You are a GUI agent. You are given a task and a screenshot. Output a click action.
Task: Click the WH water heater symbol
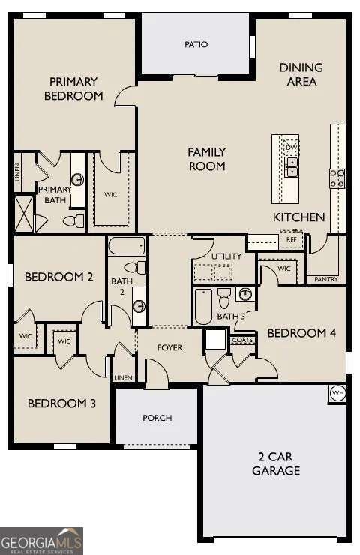337,391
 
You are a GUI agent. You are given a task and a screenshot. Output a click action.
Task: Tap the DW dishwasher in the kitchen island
291,148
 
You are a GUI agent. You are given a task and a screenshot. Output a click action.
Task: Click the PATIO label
196,44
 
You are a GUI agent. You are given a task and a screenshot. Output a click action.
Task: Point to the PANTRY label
325,279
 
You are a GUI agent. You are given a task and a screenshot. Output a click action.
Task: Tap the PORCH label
157,418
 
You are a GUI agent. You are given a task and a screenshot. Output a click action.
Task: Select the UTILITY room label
226,256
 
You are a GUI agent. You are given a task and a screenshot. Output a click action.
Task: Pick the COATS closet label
242,340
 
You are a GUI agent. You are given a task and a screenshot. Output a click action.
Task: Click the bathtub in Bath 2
126,245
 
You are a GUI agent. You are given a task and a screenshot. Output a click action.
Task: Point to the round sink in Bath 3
244,294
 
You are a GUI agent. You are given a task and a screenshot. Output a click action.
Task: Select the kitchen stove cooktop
337,178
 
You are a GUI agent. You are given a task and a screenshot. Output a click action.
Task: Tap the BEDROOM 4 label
301,333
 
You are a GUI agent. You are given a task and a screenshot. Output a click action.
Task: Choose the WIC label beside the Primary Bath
111,195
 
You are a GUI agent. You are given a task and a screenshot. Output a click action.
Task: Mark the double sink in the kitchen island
291,170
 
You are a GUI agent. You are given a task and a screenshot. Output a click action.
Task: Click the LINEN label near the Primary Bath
18,172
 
